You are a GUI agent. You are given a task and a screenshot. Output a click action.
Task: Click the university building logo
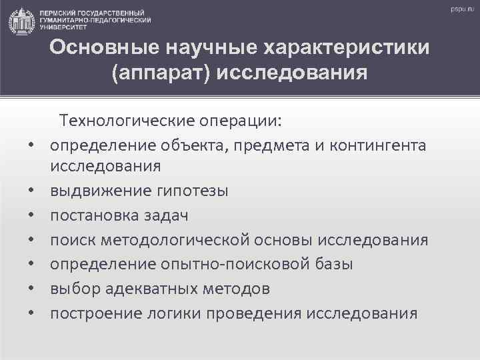point(21,21)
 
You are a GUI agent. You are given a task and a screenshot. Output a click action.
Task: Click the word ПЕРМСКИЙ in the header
point(57,13)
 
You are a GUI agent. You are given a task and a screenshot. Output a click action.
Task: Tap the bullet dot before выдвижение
point(31,192)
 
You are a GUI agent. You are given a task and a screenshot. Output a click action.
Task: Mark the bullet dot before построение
point(31,314)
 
